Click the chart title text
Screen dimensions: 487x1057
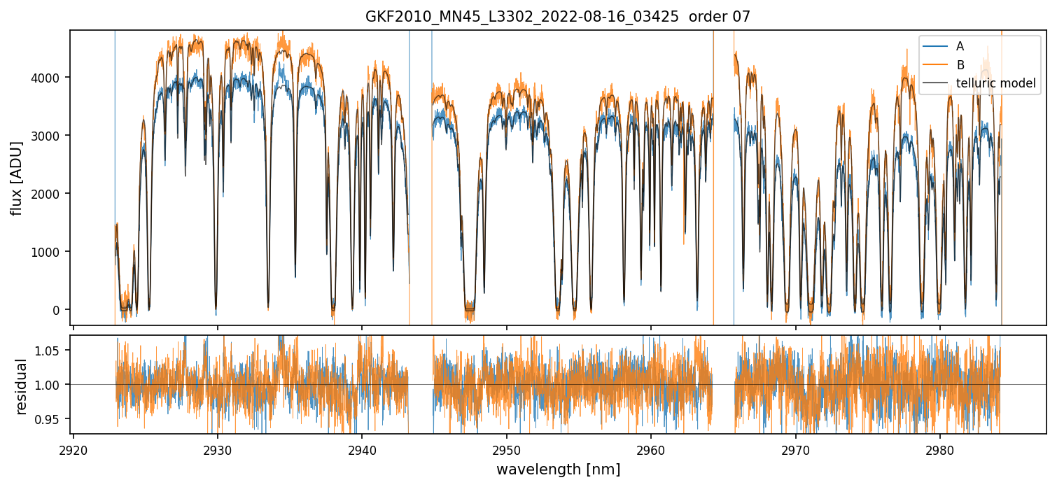557,17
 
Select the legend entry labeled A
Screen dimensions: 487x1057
960,46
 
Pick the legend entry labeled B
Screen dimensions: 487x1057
960,65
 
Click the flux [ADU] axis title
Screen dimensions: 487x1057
17,178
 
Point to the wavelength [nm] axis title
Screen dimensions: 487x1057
558,469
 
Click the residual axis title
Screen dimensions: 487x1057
21,386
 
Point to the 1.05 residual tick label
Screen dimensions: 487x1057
48,351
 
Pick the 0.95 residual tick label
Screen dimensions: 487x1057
48,419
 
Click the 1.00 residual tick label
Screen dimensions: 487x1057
48,385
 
